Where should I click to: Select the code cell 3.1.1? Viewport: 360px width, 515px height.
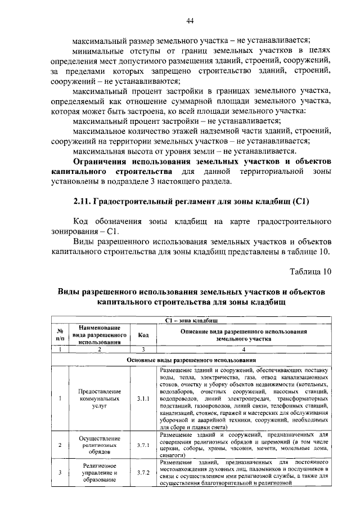click(143, 399)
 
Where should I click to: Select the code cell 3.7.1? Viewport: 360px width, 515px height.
click(143, 445)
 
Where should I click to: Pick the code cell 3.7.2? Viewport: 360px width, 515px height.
click(143, 472)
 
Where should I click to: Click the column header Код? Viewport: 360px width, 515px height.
click(143, 335)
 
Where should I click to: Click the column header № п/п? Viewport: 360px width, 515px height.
click(60, 335)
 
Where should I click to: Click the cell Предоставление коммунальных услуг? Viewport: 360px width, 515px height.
click(99, 399)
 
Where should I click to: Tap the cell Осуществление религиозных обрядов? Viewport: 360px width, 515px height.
click(99, 445)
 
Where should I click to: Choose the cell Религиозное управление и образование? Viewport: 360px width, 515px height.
click(99, 473)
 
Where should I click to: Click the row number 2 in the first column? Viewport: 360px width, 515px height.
click(60, 445)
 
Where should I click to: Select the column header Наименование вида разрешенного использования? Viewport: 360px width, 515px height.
click(99, 334)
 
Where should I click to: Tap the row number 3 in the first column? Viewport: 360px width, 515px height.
click(60, 472)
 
